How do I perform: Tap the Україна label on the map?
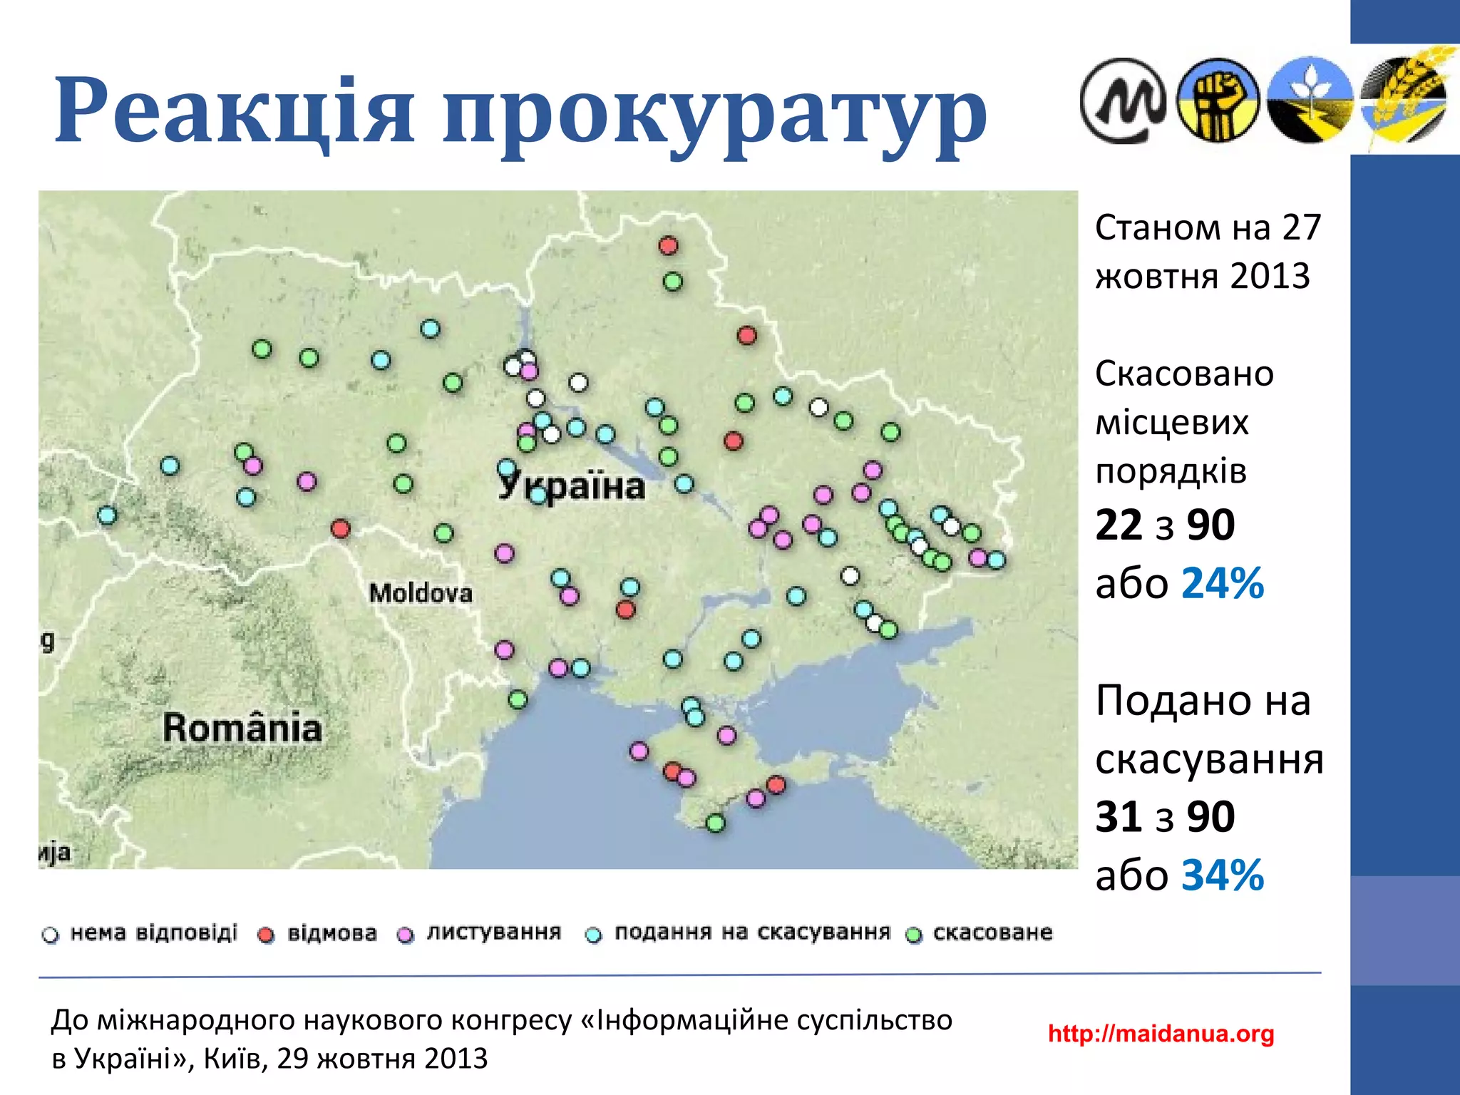click(572, 486)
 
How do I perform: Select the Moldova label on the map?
click(421, 592)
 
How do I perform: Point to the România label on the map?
click(242, 728)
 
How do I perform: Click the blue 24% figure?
click(1223, 583)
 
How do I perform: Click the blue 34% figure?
click(1223, 875)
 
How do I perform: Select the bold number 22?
click(1119, 525)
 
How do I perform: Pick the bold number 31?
click(1119, 816)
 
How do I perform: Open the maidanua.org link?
click(1161, 1033)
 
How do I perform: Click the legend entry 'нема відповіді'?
click(153, 933)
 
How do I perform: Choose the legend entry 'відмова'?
click(331, 933)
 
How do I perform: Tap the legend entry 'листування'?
click(493, 932)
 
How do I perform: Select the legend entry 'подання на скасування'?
click(752, 932)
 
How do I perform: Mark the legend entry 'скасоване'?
click(992, 932)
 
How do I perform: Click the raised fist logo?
click(1218, 100)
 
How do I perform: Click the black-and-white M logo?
click(1123, 101)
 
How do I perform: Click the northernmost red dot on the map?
click(668, 246)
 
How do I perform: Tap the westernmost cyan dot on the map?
click(107, 515)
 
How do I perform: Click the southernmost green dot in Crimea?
click(715, 823)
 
